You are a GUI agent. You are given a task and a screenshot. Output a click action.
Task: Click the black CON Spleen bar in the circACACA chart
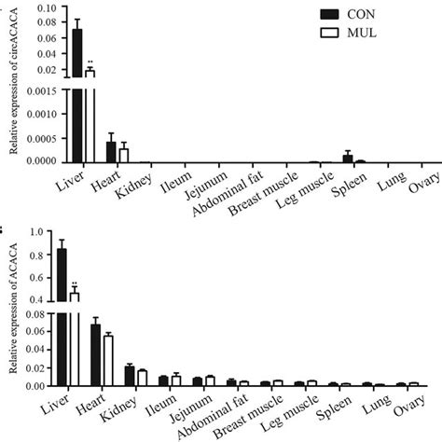[x=348, y=158]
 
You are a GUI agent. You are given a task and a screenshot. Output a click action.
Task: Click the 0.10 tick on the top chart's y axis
[x=46, y=8]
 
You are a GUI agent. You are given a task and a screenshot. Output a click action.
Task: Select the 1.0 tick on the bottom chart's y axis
[x=48, y=230]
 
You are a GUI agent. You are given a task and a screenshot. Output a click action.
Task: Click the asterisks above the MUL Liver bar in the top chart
[x=90, y=63]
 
